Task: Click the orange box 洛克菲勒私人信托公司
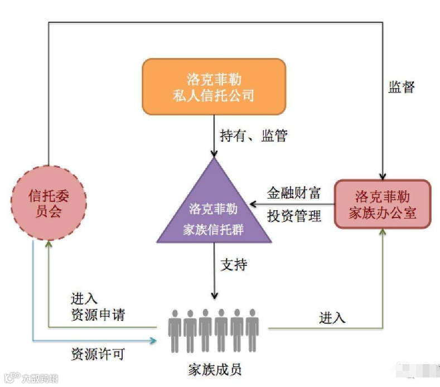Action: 214,86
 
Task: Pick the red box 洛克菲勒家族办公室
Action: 382,204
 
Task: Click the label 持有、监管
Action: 254,136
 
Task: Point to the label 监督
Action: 401,87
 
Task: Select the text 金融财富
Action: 294,193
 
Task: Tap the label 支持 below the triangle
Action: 234,265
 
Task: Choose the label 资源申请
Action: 98,315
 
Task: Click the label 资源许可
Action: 98,354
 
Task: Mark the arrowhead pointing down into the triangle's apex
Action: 214,152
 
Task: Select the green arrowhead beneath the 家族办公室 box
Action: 383,233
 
